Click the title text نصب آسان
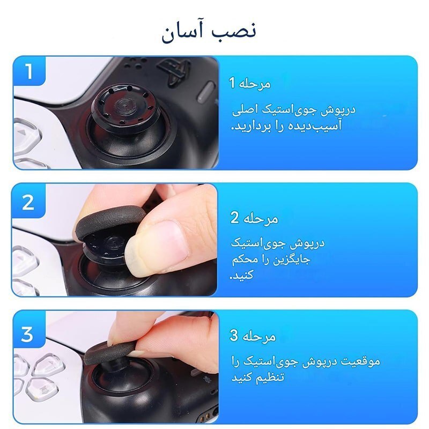209,32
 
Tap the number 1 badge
28,71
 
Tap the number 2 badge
28,202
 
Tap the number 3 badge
27,335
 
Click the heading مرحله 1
250,84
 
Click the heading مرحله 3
253,337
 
